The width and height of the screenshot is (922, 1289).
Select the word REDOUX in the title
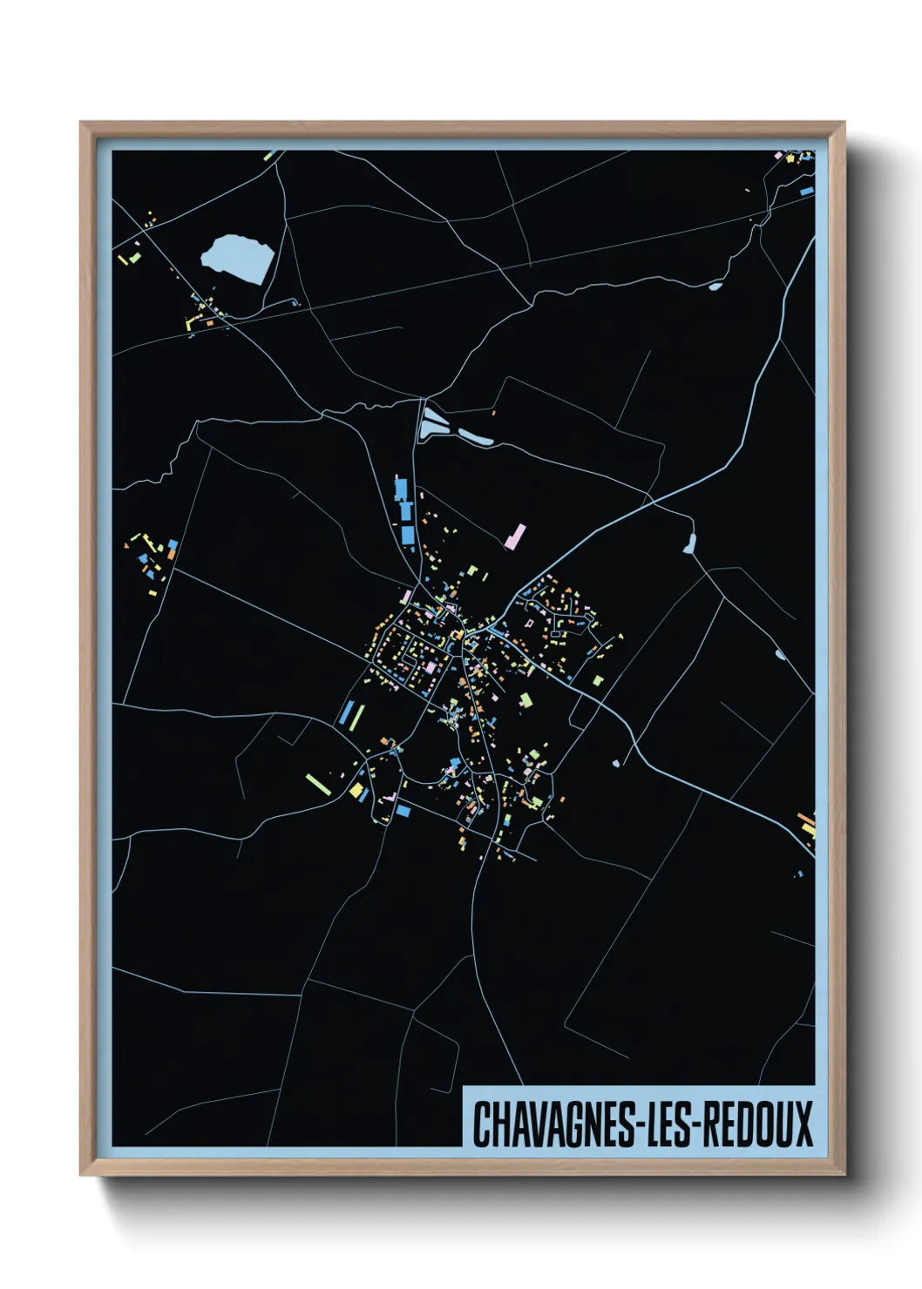(x=757, y=1124)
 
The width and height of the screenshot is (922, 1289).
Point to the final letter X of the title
(x=803, y=1124)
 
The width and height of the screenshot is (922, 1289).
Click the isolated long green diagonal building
(x=316, y=784)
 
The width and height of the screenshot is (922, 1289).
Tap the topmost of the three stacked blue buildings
(x=401, y=488)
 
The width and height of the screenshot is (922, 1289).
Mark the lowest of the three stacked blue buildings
(x=407, y=534)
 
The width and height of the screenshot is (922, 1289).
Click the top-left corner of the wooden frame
(x=81, y=123)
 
